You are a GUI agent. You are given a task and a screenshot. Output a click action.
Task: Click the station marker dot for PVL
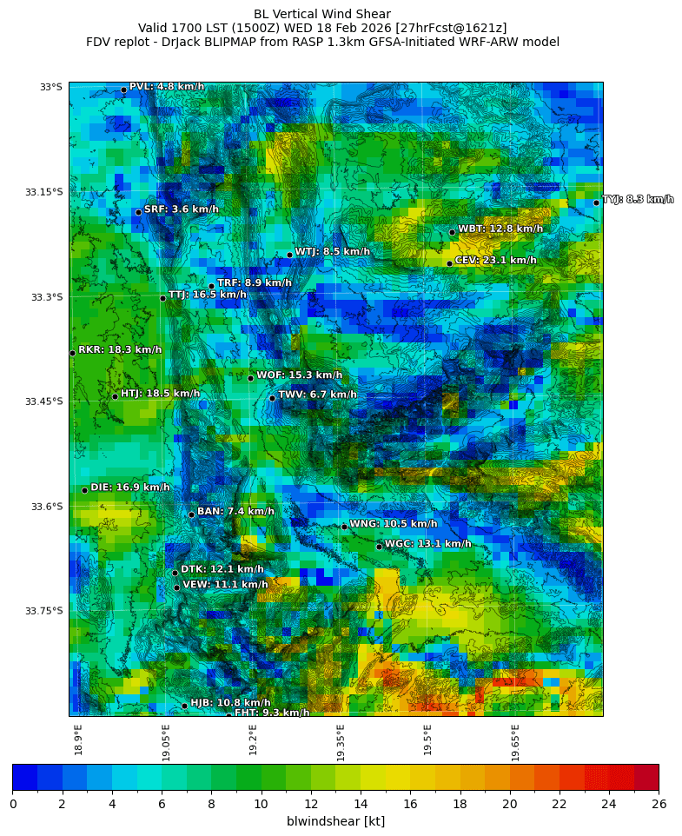[x=123, y=90]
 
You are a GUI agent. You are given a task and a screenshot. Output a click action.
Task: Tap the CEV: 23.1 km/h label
[x=495, y=260]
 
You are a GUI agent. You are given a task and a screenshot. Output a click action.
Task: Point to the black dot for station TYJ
[x=596, y=202]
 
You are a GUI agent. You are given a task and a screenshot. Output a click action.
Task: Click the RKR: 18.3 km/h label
[x=120, y=349]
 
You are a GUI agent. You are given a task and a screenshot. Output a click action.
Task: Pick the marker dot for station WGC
[x=379, y=547]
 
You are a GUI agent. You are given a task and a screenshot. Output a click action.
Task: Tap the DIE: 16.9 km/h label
[x=130, y=488]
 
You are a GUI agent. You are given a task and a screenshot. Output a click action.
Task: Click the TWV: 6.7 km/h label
[x=317, y=395]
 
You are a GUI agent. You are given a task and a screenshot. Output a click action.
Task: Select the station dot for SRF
[x=138, y=212]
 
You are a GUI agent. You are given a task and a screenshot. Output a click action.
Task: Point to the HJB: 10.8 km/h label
[x=230, y=702]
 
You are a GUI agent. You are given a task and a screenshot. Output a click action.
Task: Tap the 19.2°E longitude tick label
[x=253, y=739]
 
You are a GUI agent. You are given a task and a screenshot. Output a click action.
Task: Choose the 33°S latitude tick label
[x=50, y=87]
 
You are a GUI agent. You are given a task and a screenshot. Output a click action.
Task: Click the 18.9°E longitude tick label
[x=78, y=739]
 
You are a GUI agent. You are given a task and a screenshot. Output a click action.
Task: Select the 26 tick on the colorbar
[x=659, y=804]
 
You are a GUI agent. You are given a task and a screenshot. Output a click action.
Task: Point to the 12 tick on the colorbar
[x=311, y=804]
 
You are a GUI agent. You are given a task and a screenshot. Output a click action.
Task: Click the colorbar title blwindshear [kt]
[x=335, y=821]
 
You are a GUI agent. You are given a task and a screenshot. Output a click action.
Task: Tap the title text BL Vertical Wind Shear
[x=322, y=14]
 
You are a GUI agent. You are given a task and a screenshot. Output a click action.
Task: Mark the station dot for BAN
[x=191, y=514]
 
